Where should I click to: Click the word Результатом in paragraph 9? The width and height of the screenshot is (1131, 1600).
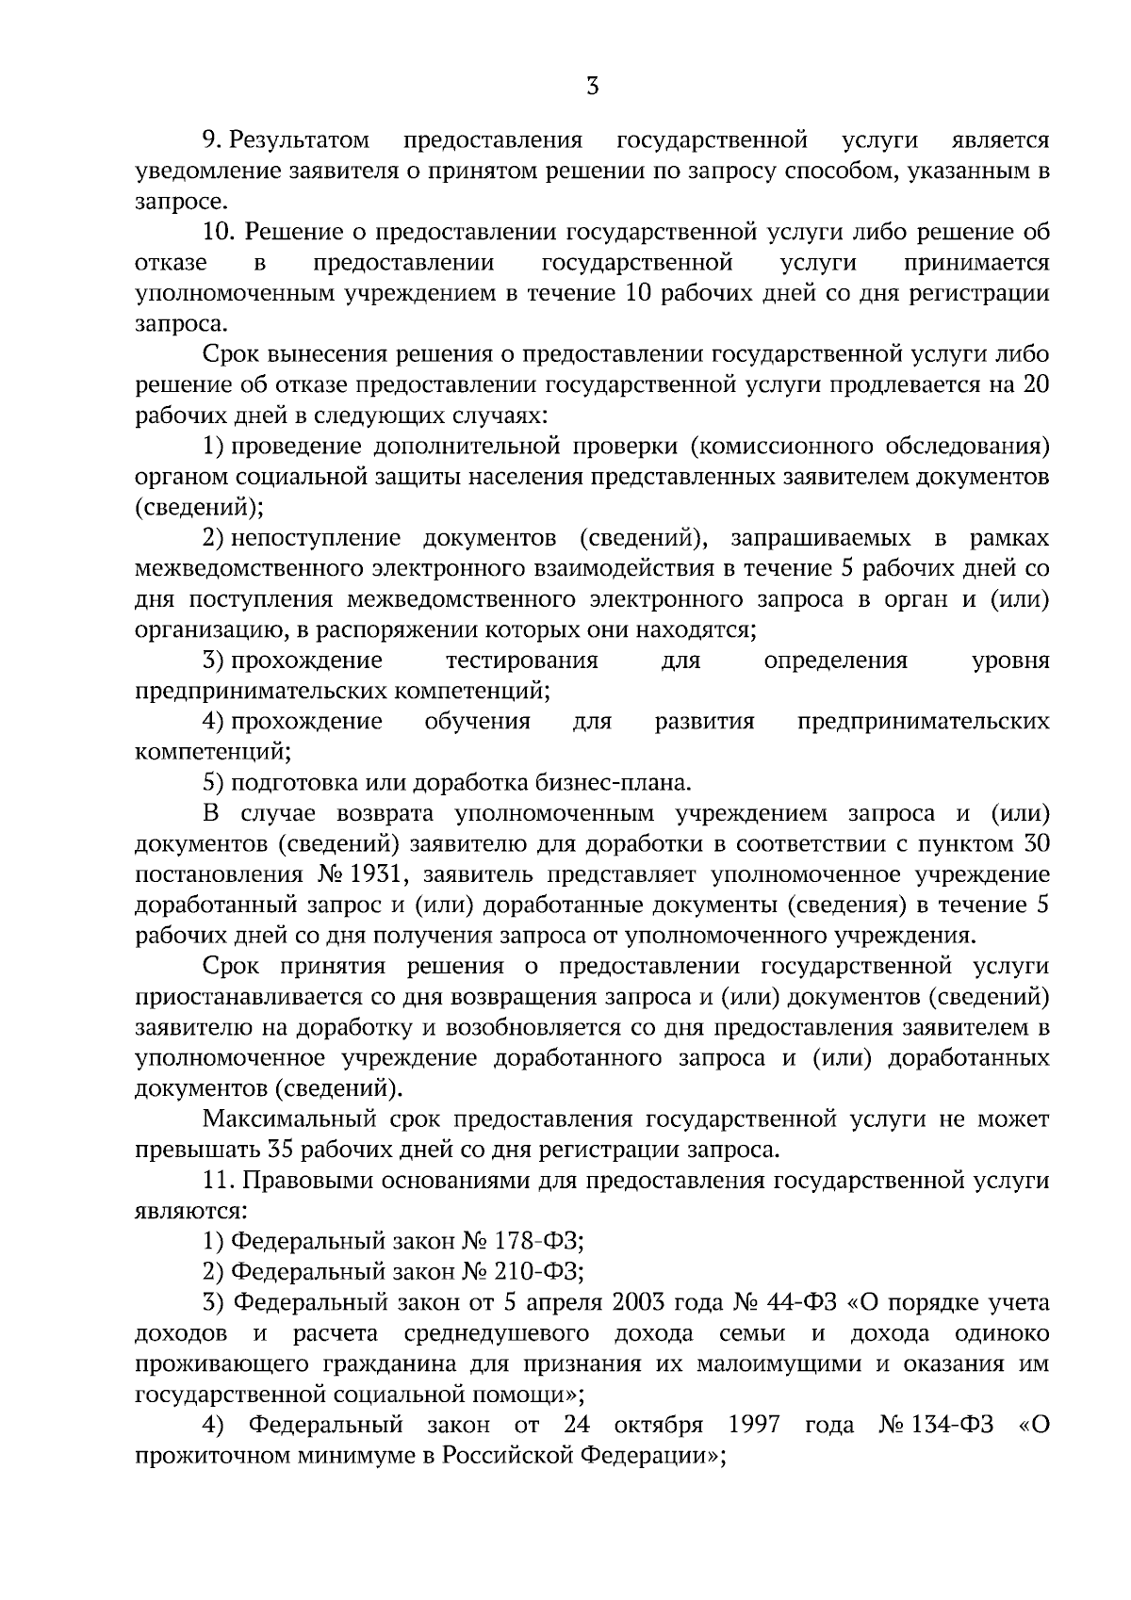point(301,141)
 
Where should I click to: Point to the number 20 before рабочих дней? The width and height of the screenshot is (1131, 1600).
point(1036,385)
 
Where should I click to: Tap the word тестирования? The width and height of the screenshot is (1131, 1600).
point(521,660)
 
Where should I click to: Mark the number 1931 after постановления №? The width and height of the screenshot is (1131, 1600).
point(377,874)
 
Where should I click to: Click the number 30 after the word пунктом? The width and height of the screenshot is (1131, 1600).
point(1036,843)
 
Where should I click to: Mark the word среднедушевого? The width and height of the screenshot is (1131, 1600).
point(496,1333)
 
